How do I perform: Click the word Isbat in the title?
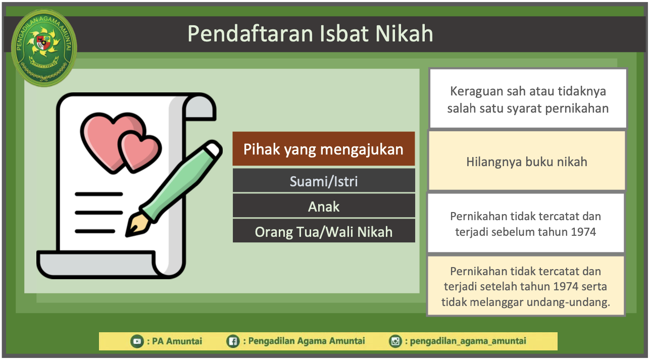(x=343, y=34)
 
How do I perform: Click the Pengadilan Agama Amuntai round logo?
(x=44, y=47)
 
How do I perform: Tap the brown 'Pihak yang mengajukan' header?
(x=324, y=149)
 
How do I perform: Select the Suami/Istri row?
(x=324, y=181)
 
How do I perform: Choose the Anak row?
(x=324, y=206)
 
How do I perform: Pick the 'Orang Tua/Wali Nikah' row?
(x=324, y=231)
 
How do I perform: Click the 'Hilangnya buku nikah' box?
(x=527, y=161)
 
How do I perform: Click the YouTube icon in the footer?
(x=137, y=341)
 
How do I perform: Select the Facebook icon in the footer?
(x=233, y=341)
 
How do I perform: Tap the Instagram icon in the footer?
(x=395, y=341)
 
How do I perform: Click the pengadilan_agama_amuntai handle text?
(x=468, y=341)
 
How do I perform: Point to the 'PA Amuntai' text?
(x=177, y=341)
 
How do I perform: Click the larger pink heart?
(x=109, y=139)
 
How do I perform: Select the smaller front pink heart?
(x=140, y=151)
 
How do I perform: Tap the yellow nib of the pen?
(x=136, y=225)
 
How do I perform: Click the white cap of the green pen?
(x=213, y=148)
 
